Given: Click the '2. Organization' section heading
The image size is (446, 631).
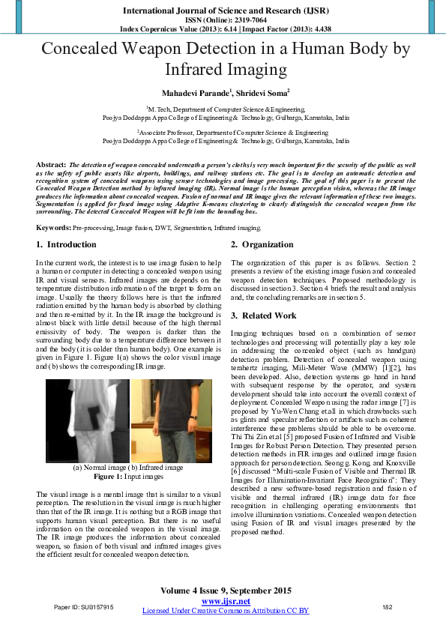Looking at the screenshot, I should (262, 245).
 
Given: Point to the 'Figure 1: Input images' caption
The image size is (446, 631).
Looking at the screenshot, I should (127, 477).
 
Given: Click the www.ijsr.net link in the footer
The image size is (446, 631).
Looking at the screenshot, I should (226, 602).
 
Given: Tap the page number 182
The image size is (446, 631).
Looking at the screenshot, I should (388, 607).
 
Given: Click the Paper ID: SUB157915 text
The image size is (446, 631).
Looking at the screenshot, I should (84, 607).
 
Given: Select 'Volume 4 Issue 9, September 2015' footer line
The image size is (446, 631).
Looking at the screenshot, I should (226, 591).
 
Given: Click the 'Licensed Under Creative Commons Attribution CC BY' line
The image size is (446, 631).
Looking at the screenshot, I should (226, 611).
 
